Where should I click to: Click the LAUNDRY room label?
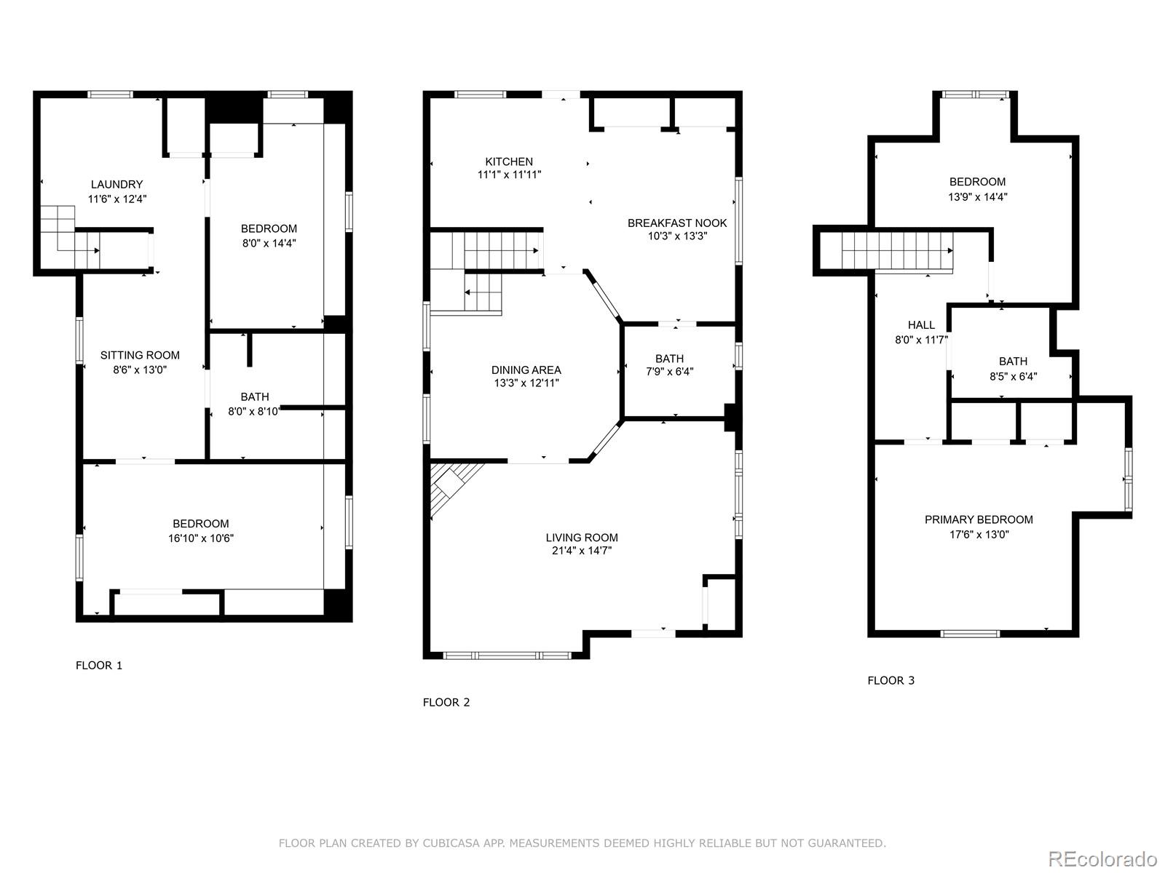pyautogui.click(x=116, y=185)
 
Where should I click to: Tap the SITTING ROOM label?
pyautogui.click(x=140, y=355)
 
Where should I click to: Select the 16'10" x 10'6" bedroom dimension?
pyautogui.click(x=201, y=538)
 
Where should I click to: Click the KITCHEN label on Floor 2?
pyautogui.click(x=509, y=162)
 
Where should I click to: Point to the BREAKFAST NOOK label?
pyautogui.click(x=677, y=223)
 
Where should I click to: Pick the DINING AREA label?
pyautogui.click(x=526, y=370)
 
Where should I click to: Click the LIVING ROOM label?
pyautogui.click(x=582, y=538)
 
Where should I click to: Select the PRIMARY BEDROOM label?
pyautogui.click(x=979, y=519)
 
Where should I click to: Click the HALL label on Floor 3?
pyautogui.click(x=921, y=325)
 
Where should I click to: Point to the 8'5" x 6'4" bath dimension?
pyautogui.click(x=1013, y=376)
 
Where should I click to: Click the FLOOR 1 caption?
pyautogui.click(x=99, y=665)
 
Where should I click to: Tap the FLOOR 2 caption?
pyautogui.click(x=446, y=702)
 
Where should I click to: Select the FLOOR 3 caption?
pyautogui.click(x=890, y=680)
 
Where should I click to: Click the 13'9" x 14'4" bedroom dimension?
pyautogui.click(x=977, y=196)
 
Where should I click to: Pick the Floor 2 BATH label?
pyautogui.click(x=669, y=359)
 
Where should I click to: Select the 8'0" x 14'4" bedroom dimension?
pyautogui.click(x=269, y=243)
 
